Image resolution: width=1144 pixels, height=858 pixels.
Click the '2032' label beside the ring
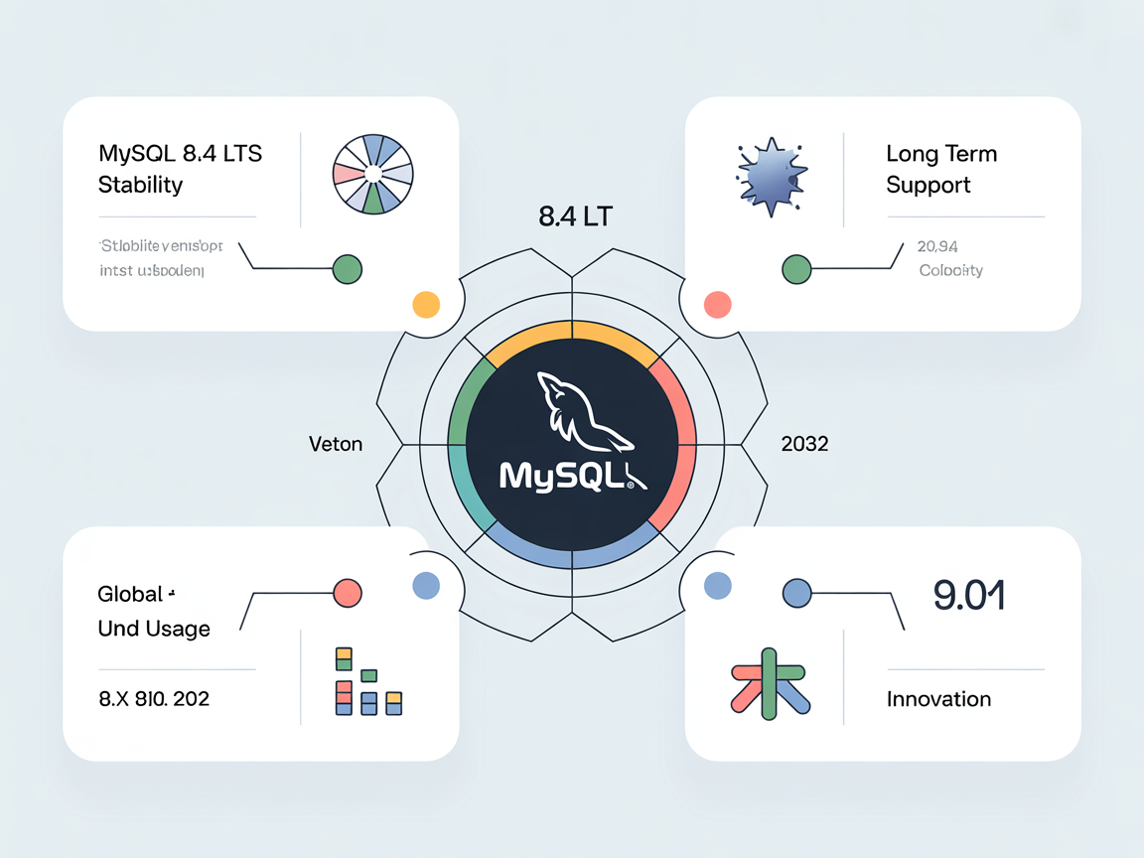pyautogui.click(x=804, y=444)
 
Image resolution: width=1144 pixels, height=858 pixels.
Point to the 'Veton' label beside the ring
pyautogui.click(x=336, y=444)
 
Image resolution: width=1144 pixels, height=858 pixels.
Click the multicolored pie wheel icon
pyautogui.click(x=372, y=174)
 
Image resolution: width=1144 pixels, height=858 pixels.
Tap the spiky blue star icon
pyautogui.click(x=771, y=175)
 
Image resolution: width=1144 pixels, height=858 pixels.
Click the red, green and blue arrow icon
pyautogui.click(x=771, y=683)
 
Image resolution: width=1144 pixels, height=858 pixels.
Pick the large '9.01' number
pyautogui.click(x=969, y=595)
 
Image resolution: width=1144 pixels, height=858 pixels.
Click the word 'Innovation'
pyautogui.click(x=938, y=699)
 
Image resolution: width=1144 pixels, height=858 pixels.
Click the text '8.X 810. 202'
pyautogui.click(x=154, y=699)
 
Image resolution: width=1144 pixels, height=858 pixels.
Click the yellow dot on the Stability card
pyautogui.click(x=425, y=305)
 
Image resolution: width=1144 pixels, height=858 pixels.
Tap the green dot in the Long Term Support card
pyautogui.click(x=796, y=268)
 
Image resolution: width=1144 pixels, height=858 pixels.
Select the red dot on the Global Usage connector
pyautogui.click(x=348, y=593)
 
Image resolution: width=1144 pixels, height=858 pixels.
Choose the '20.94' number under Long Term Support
pyautogui.click(x=938, y=246)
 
